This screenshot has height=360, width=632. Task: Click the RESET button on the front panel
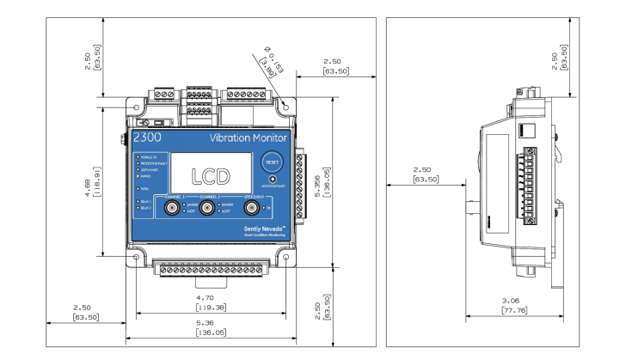[x=272, y=162]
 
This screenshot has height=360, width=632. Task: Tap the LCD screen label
[x=210, y=175]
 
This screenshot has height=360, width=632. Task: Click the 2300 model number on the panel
[x=147, y=137]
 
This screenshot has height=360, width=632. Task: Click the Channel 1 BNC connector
[x=173, y=209]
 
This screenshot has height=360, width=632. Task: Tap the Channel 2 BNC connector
[x=207, y=209]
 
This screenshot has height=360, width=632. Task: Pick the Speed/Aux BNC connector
[x=252, y=209]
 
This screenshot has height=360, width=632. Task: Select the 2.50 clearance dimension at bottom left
[x=83, y=311]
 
